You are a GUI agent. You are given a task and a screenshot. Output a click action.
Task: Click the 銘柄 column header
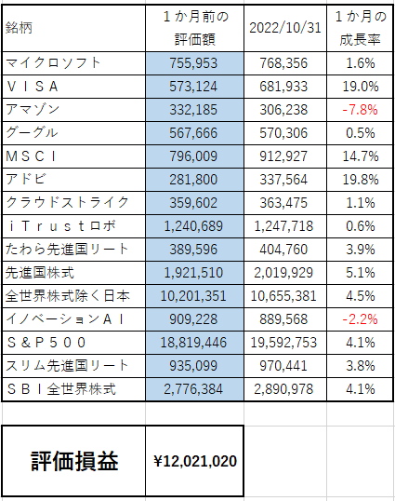coord(19,28)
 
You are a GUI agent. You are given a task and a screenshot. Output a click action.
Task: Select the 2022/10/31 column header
coord(285,28)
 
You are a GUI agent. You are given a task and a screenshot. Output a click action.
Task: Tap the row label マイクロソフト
coord(53,62)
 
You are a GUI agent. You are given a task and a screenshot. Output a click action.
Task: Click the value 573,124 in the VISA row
coord(193,87)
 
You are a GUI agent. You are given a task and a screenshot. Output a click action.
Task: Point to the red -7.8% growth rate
coord(360,110)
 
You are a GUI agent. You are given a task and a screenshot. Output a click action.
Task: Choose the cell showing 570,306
coord(283,133)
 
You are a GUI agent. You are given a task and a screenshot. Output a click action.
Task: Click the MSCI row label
coord(31,156)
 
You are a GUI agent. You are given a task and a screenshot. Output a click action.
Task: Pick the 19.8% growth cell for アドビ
coord(361,180)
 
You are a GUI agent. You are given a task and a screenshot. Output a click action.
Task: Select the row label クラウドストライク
coord(67,203)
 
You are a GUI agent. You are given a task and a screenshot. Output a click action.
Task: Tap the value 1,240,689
coord(193,226)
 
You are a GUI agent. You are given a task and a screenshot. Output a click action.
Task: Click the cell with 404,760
coord(283,250)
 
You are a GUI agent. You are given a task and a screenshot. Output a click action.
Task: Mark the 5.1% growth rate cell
coord(361,273)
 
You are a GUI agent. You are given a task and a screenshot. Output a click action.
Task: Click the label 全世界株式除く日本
coord(68,296)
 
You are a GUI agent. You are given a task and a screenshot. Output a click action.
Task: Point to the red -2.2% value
coord(360,319)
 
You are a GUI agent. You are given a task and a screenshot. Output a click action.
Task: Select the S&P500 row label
coord(46,343)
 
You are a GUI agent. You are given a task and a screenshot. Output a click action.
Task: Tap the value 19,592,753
coord(283,343)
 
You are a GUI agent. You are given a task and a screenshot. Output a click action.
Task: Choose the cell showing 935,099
coord(193,366)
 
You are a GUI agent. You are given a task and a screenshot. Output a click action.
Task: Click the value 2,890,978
coord(283,389)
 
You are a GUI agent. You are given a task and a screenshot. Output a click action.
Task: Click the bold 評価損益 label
coord(74,461)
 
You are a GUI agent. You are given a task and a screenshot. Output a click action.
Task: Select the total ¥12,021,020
coord(195,461)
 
